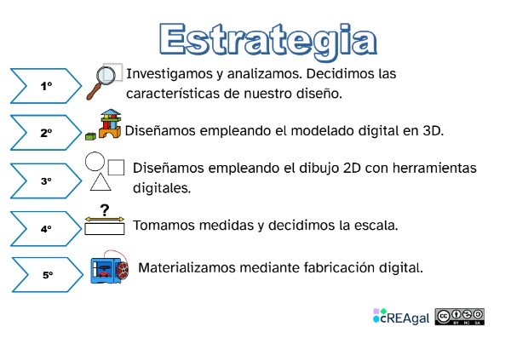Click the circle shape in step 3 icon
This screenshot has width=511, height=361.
tap(95, 161)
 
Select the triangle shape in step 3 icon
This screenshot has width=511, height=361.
tap(100, 181)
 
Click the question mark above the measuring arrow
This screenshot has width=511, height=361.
tap(105, 210)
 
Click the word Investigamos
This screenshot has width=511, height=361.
tap(167, 73)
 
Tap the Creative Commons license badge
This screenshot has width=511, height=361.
tap(460, 317)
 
